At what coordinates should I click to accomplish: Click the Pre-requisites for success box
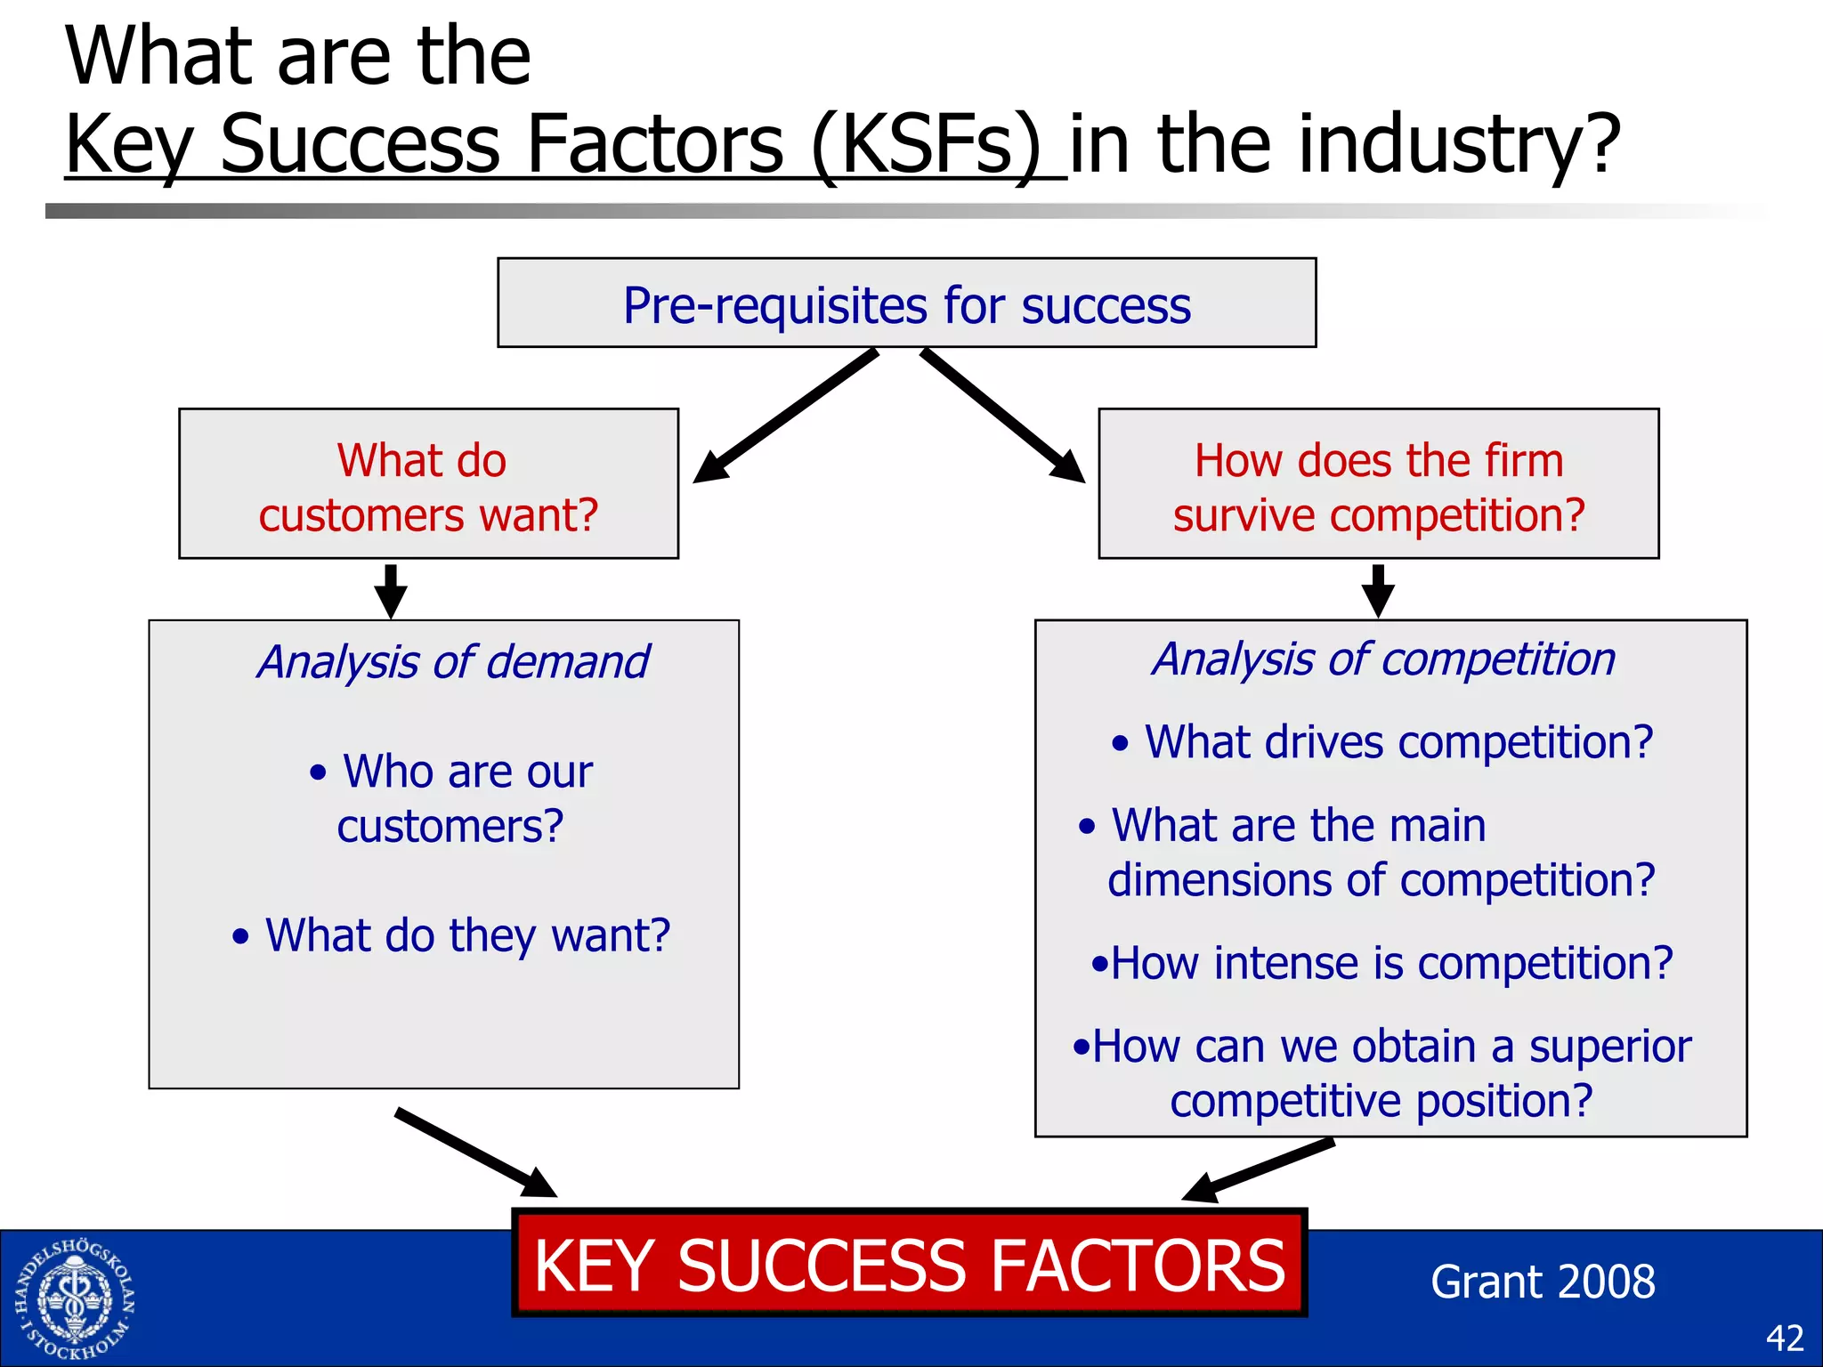click(x=906, y=303)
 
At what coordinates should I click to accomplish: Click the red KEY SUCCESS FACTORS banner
click(x=909, y=1264)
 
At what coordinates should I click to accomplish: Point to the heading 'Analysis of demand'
click(x=452, y=662)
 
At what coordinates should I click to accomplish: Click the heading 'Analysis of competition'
click(x=1383, y=659)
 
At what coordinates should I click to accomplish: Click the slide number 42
click(x=1784, y=1338)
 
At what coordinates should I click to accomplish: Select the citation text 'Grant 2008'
click(x=1542, y=1282)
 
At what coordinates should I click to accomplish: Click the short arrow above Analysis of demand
click(x=391, y=591)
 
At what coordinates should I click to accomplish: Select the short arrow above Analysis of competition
click(x=1378, y=591)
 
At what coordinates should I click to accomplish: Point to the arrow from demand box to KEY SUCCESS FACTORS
click(x=476, y=1153)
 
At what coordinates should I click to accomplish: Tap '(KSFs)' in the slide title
click(x=926, y=144)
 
